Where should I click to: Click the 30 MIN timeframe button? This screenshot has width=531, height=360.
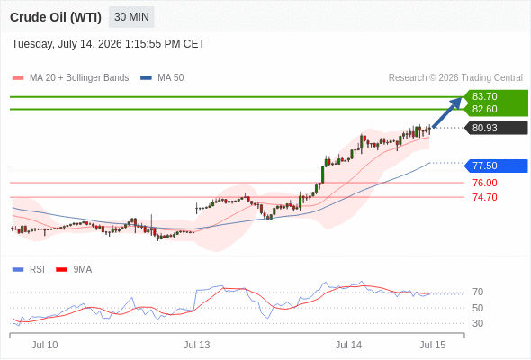point(131,17)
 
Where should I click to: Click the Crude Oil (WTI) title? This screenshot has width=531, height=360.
point(56,17)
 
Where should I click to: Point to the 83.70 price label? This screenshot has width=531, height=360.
point(484,96)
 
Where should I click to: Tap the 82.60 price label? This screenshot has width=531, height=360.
point(484,109)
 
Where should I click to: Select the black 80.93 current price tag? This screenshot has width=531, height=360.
point(497,128)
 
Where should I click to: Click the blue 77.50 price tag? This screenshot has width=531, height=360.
point(497,166)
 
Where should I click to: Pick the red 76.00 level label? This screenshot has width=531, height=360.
point(484,183)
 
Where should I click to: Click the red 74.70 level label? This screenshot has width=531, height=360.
point(484,197)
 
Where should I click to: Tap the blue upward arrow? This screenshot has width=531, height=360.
point(447,112)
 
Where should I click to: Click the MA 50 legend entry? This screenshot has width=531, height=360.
point(162,78)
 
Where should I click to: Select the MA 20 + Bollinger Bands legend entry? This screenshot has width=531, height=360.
point(70,78)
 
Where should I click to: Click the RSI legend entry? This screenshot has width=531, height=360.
point(29,270)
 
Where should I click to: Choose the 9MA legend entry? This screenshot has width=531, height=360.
point(74,270)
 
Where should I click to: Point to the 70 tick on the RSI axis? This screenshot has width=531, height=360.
point(478,292)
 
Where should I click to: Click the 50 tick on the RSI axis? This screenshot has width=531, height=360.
point(478,308)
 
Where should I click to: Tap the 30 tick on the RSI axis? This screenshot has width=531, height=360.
point(478,323)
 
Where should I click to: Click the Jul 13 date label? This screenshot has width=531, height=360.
point(197,345)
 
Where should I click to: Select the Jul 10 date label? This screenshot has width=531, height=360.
point(45,345)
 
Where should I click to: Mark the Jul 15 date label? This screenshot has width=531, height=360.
point(433,345)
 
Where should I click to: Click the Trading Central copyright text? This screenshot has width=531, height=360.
point(455,78)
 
